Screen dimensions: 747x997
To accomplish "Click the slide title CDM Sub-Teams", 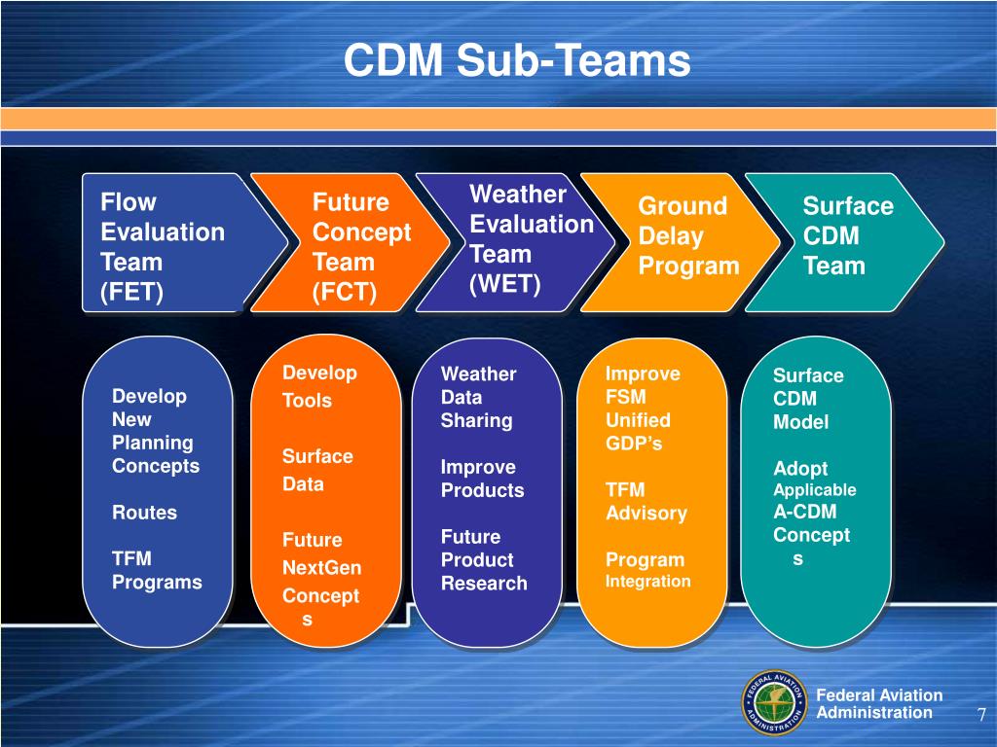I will pos(517,61).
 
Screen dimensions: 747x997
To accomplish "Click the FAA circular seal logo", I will pos(774,703).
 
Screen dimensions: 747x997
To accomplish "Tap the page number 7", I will pos(981,716).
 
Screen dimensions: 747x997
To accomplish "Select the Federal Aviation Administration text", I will pos(879,703).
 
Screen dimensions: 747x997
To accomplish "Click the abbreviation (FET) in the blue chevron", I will pos(130,292).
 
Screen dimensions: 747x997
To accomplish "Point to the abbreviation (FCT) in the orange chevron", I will pos(344,292).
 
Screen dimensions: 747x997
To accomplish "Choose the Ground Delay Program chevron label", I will pos(688,236).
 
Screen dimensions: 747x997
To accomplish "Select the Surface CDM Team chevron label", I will pos(847,236).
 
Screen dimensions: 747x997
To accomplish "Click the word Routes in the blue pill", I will pos(145,513).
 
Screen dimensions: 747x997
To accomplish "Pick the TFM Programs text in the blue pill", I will pos(157,570).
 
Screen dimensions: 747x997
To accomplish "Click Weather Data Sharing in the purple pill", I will pos(477,397).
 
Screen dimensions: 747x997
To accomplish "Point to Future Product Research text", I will pos(484,560).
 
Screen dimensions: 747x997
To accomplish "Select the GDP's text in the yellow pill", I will pos(634,443).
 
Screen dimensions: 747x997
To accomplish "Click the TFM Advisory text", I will pos(646,501).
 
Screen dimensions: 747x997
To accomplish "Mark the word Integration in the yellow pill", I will pos(647,582).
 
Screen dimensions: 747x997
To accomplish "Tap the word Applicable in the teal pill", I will pos(814,490).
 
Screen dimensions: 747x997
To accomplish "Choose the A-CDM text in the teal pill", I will pos(804,513).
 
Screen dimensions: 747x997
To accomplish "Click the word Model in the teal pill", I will pos(800,422).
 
